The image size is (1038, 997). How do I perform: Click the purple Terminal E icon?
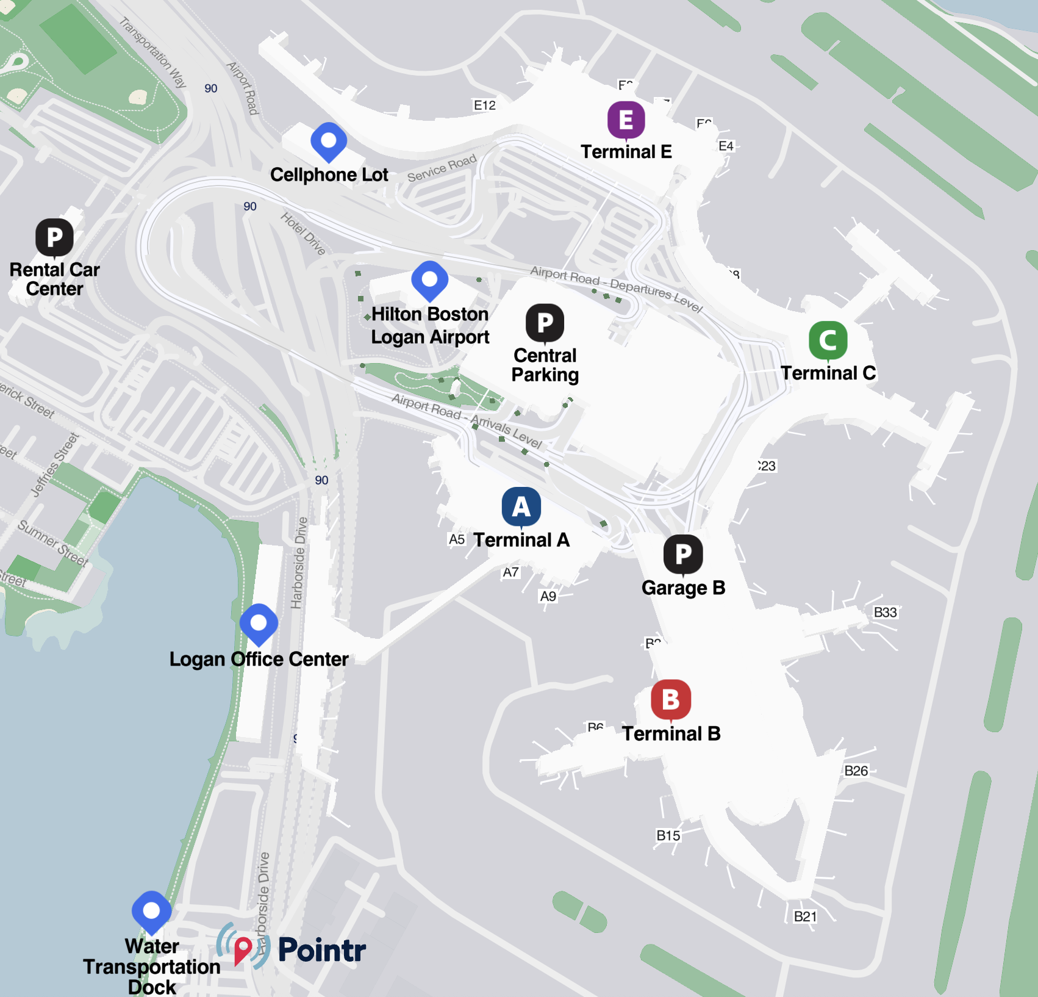pos(626,120)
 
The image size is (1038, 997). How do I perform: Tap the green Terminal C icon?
pos(828,340)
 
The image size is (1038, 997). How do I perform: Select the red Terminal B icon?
pos(670,699)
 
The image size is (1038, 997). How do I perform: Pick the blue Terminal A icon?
pos(521,506)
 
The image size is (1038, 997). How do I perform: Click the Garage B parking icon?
pos(682,554)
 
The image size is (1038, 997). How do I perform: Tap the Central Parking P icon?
pos(545,322)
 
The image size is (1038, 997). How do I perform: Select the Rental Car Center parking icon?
pos(54,237)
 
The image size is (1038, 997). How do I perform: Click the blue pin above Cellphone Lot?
pos(329,141)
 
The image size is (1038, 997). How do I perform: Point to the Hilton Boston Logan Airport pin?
pos(429,280)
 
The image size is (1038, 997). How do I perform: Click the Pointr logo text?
pos(321,950)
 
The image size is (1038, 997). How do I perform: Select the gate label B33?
pos(885,612)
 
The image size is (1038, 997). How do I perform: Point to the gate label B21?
pos(805,916)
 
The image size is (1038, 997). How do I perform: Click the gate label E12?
pos(485,105)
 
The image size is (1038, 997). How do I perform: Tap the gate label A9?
pos(548,596)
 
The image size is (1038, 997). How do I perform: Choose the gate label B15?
pos(668,835)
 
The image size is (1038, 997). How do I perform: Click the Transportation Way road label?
pos(152,52)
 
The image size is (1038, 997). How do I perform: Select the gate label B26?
pos(856,771)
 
